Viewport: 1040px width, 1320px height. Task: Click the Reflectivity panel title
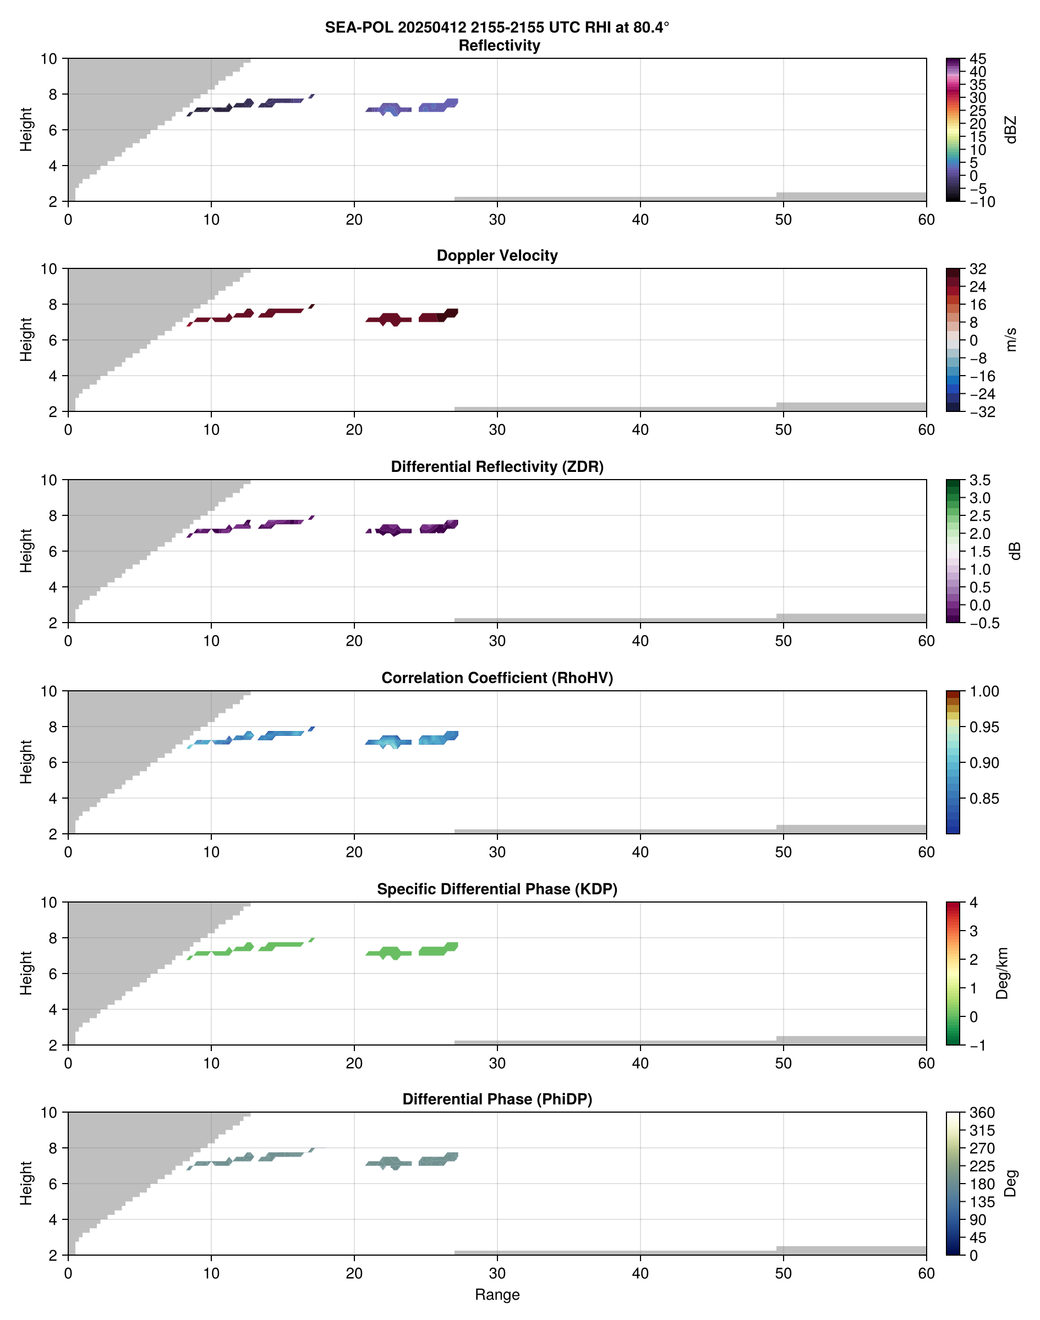click(499, 46)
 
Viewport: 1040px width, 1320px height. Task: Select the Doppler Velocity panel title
click(497, 256)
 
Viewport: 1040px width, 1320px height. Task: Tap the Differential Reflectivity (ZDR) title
click(497, 467)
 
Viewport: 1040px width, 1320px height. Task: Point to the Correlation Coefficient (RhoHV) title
click(497, 678)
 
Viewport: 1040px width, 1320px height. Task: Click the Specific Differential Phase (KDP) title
click(497, 889)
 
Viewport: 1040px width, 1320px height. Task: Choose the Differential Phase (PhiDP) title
click(497, 1099)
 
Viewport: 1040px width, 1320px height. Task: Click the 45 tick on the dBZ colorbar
click(977, 59)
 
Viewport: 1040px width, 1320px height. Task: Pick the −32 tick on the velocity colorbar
click(982, 412)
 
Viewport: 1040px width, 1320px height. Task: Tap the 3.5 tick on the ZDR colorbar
click(979, 480)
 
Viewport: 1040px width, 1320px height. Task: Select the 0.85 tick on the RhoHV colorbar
click(984, 799)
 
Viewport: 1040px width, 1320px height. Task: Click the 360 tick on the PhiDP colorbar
click(982, 1113)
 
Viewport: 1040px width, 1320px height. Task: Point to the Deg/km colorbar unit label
click(1001, 973)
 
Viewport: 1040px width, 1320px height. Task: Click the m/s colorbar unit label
click(1011, 339)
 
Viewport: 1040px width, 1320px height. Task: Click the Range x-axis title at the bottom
click(497, 1295)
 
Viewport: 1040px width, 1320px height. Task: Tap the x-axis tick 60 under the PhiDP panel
click(926, 1273)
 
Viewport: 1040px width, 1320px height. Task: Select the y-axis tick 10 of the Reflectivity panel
click(49, 59)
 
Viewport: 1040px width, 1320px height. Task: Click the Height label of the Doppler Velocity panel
click(25, 339)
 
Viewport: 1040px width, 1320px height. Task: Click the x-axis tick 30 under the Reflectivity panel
click(497, 219)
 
